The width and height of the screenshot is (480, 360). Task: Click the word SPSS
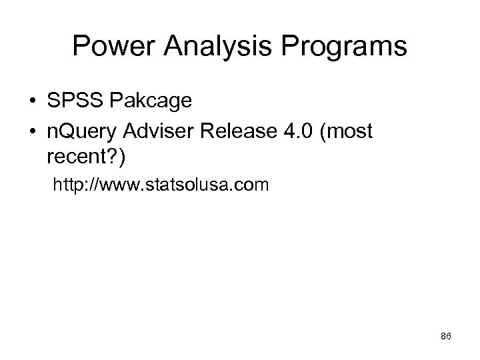[73, 101]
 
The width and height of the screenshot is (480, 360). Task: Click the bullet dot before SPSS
[31, 103]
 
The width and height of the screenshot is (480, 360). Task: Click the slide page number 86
[446, 337]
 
